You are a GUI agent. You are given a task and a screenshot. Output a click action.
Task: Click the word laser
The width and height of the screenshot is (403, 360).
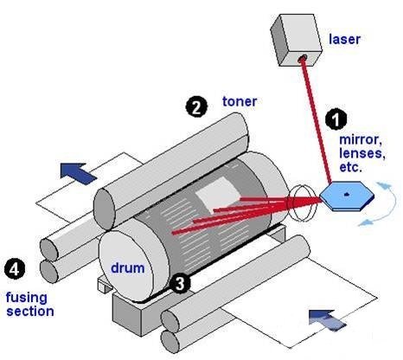344,40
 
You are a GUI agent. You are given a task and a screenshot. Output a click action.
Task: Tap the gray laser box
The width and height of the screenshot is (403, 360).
297,40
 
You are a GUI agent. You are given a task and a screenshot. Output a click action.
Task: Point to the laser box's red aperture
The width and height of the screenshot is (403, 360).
302,59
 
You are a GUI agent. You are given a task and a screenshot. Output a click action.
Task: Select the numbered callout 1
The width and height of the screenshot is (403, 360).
336,119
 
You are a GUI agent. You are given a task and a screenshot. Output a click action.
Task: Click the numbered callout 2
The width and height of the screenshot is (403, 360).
196,107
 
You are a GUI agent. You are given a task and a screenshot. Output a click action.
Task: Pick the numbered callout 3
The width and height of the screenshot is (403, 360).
180,284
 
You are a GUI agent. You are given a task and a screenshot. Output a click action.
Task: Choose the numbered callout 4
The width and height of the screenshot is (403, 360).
15,269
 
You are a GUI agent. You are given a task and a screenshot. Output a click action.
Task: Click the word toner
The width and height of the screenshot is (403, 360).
240,101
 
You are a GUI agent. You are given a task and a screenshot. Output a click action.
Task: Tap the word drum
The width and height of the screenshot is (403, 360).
128,268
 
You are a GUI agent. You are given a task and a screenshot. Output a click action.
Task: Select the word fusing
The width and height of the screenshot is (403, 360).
27,298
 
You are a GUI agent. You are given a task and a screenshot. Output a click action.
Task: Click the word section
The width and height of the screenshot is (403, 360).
30,312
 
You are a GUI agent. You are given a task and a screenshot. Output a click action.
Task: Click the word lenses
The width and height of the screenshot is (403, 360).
362,153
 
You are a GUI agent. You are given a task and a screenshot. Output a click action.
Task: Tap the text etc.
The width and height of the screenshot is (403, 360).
350,167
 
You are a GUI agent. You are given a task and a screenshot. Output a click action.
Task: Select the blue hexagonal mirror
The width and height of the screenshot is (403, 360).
347,196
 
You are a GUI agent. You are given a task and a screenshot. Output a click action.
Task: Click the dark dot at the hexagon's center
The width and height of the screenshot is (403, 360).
347,195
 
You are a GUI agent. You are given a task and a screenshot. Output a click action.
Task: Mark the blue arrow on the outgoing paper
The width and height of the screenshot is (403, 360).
78,173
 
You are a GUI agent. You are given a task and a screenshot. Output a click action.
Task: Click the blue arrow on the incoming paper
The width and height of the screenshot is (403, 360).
327,320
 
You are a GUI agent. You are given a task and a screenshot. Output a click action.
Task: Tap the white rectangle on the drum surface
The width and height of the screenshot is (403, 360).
218,193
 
